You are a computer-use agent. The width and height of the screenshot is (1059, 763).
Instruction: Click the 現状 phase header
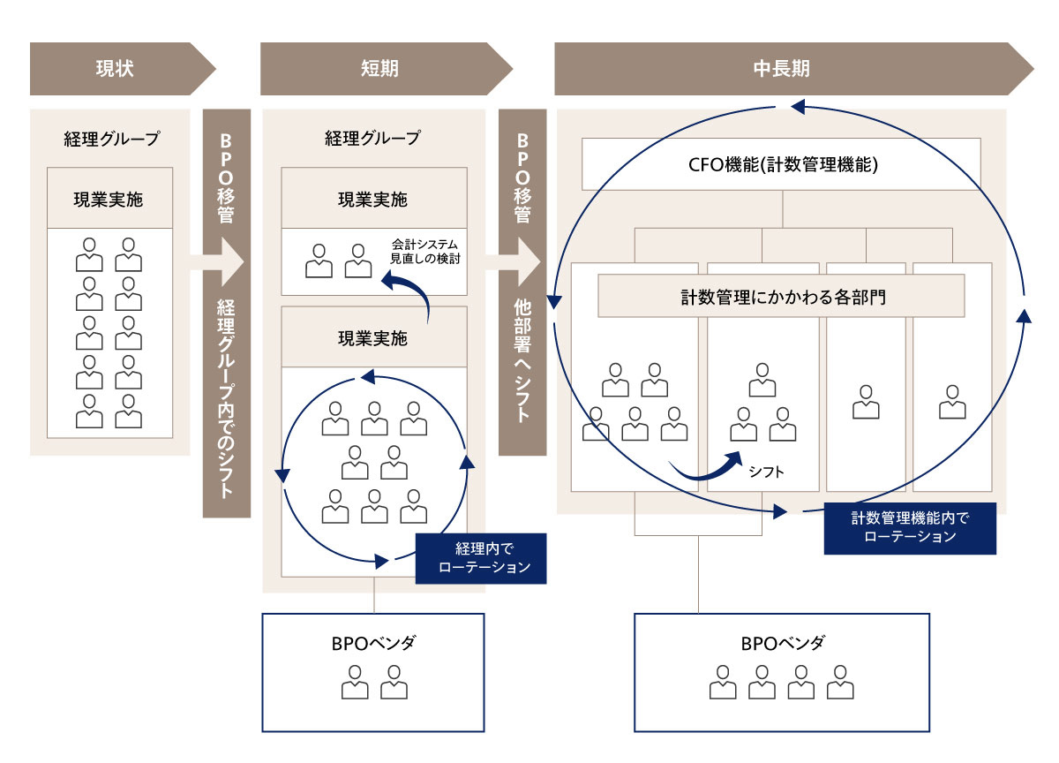pyautogui.click(x=115, y=68)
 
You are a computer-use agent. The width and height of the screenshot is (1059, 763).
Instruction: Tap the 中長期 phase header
pyautogui.click(x=781, y=68)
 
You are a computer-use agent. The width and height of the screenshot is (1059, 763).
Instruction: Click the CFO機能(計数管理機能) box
pyautogui.click(x=781, y=163)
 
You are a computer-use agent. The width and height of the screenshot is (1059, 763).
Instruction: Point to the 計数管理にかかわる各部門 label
pyautogui.click(x=781, y=297)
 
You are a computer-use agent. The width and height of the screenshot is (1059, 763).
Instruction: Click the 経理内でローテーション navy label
pyautogui.click(x=481, y=558)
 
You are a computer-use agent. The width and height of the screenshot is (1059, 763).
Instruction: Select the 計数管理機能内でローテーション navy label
pyautogui.click(x=909, y=528)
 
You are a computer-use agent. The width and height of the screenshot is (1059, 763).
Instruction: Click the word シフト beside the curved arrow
pyautogui.click(x=766, y=472)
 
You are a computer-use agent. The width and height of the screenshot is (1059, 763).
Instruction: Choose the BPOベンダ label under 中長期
pyautogui.click(x=782, y=643)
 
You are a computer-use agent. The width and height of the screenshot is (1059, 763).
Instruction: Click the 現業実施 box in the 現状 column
pyautogui.click(x=109, y=199)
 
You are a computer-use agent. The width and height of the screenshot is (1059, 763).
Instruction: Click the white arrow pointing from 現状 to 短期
pyautogui.click(x=226, y=261)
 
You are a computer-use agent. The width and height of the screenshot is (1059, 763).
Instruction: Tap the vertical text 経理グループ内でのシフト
pyautogui.click(x=226, y=397)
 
